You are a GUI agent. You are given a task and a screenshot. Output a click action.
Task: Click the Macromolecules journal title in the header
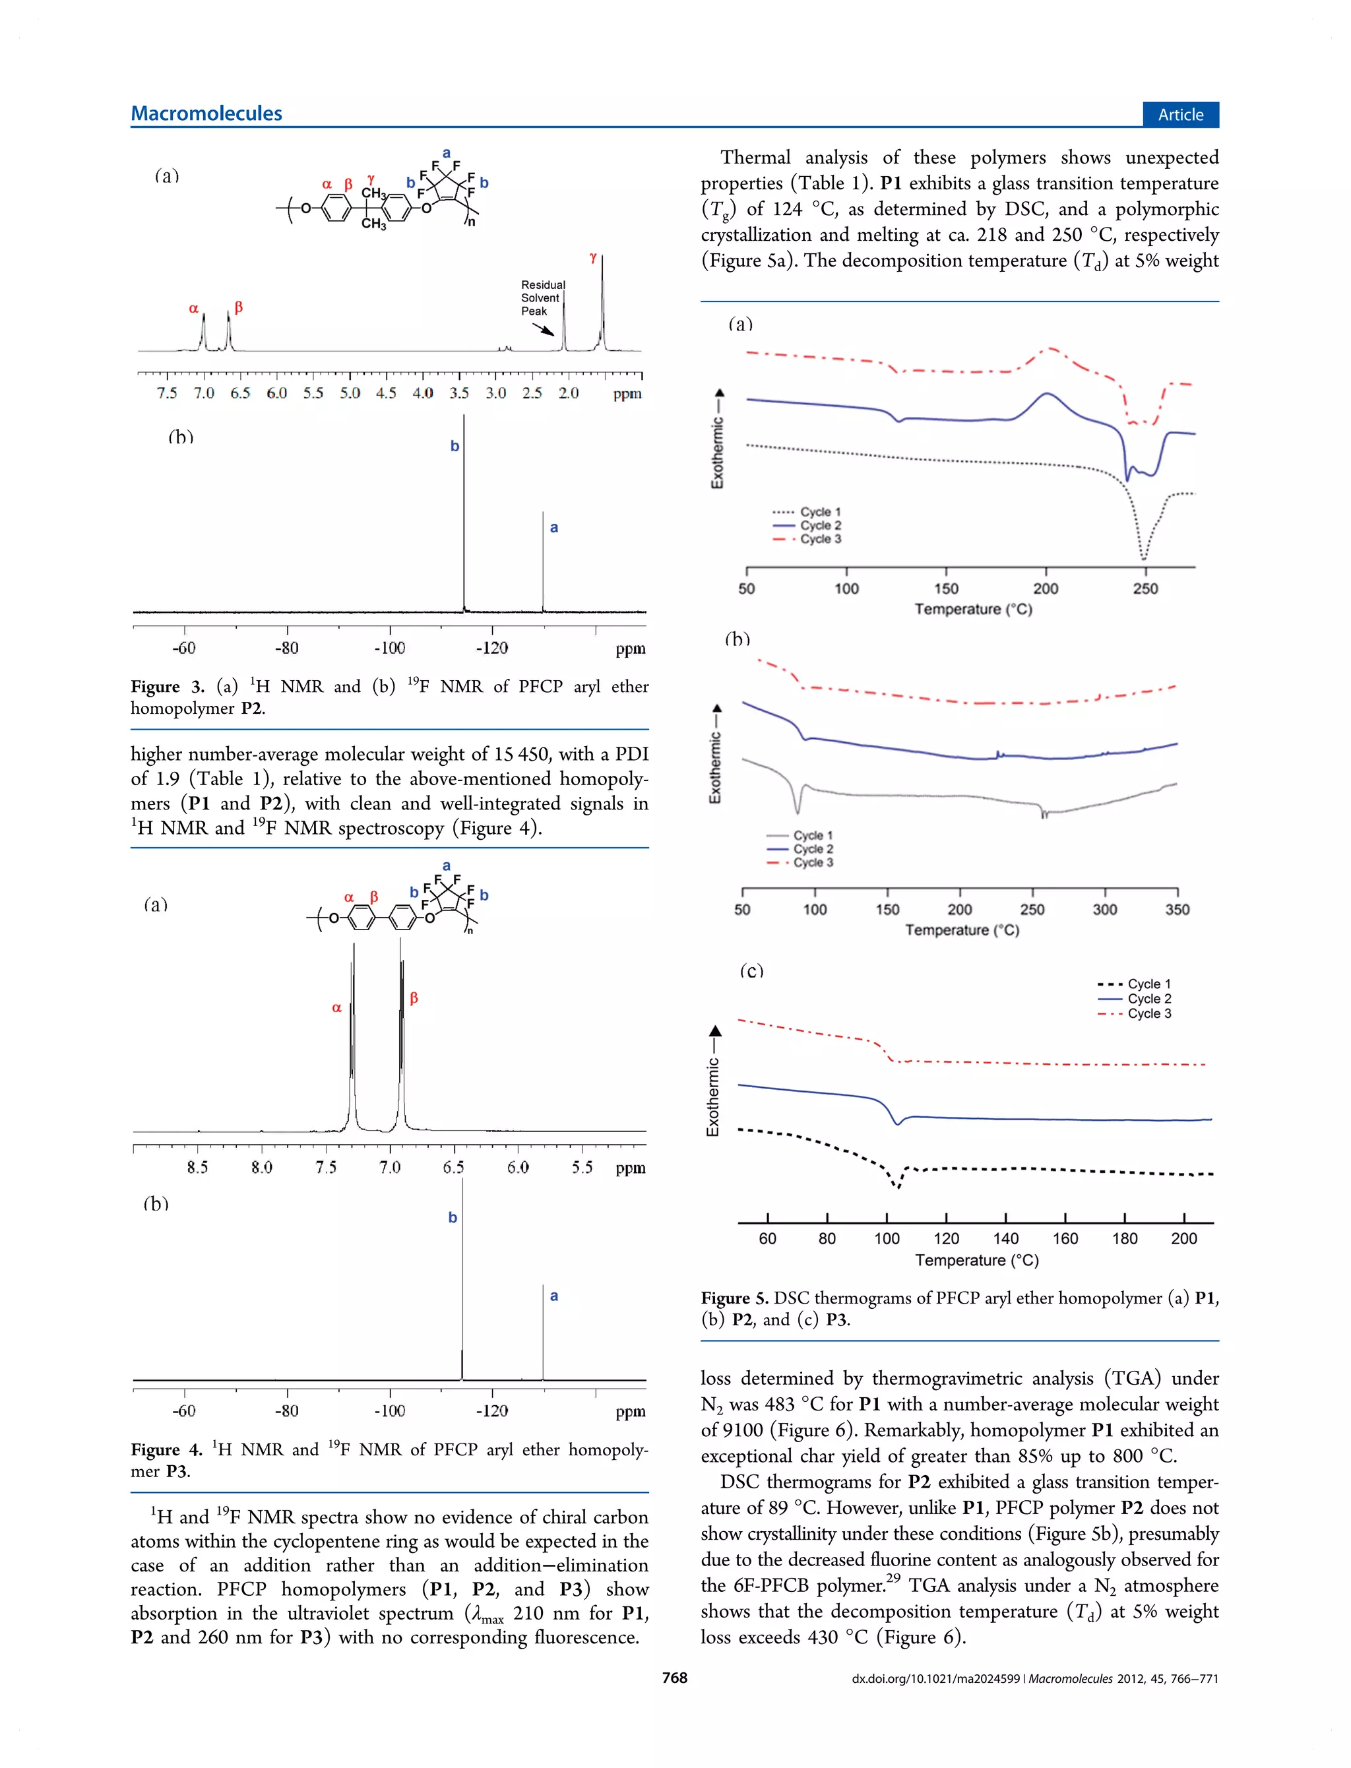(206, 113)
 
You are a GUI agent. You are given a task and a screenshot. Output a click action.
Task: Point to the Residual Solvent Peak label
(543, 298)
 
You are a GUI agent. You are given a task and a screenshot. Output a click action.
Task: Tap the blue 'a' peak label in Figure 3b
(554, 527)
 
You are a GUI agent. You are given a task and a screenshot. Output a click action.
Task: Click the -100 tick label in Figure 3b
(389, 648)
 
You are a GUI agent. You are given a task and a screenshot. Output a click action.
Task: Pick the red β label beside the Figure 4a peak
(414, 997)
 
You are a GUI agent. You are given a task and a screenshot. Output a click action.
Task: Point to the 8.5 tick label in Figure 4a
(197, 1168)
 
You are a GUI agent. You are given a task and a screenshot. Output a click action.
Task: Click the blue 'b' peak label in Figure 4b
(453, 1217)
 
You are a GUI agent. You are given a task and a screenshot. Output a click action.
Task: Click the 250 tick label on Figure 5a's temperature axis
(1145, 588)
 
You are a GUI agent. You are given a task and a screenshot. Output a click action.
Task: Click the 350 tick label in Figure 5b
(1178, 909)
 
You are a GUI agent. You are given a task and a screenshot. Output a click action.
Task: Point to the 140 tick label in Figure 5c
(1005, 1239)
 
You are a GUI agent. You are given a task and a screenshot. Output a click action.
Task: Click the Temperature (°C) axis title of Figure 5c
(976, 1260)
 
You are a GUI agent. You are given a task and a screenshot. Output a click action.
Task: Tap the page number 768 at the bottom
(675, 1678)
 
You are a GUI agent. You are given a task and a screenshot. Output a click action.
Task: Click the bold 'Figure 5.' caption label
(735, 1298)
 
